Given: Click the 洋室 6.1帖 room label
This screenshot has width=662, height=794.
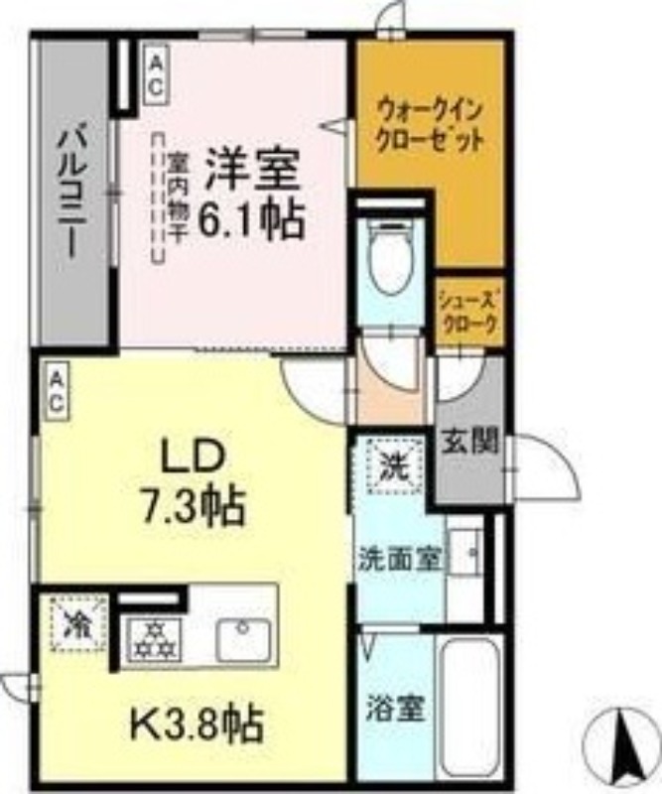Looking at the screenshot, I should coord(253,196).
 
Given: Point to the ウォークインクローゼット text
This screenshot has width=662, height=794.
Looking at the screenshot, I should coord(430,122).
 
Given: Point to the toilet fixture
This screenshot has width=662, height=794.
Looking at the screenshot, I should coord(389,255).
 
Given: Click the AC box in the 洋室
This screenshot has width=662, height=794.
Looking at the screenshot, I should coord(156,74).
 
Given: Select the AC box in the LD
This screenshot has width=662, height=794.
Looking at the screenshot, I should coord(57,391).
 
